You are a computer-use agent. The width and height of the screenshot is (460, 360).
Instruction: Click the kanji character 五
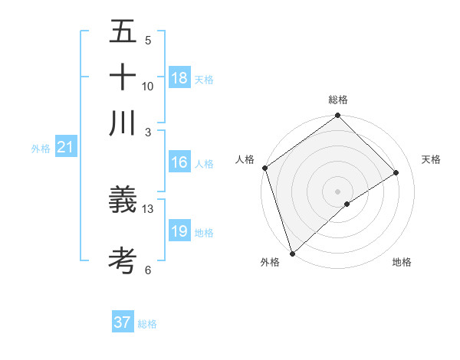123,33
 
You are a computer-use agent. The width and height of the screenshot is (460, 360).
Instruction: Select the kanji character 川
123,123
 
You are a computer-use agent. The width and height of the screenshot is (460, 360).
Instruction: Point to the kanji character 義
123,201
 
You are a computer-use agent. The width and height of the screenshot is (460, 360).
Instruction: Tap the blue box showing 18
179,78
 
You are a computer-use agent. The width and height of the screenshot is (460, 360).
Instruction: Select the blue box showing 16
179,162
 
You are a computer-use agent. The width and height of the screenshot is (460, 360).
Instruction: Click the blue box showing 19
179,231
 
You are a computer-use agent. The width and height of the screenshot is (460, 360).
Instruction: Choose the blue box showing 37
123,322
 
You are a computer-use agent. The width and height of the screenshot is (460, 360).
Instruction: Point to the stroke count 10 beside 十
148,86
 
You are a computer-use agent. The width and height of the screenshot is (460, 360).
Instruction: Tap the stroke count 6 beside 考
148,270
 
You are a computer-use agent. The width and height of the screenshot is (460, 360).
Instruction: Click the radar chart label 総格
337,100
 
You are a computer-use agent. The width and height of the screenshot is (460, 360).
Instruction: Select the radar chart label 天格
432,159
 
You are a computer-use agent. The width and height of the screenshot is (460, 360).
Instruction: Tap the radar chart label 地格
402,262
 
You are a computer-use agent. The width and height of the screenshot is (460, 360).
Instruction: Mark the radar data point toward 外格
291,252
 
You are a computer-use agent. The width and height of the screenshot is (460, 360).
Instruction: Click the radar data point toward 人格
264,168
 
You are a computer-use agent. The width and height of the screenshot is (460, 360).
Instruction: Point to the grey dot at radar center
337,191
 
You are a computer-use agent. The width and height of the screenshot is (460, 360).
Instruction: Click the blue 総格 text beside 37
147,324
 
